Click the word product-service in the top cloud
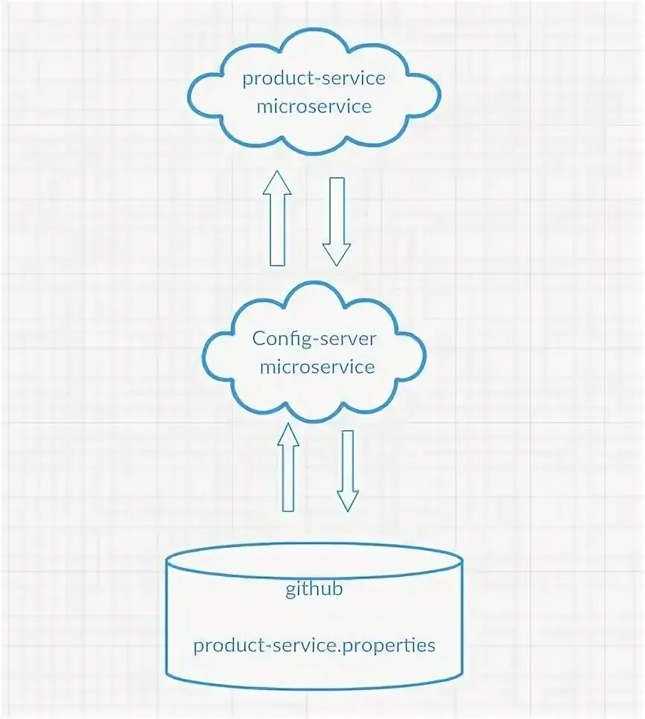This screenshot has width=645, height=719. coord(314,79)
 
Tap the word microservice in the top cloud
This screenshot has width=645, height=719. coord(314,106)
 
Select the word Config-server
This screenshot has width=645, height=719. coord(314,339)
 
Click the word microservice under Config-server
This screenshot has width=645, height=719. coord(314,367)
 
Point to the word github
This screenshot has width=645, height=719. coord(314,590)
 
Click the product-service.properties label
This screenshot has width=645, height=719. coord(314,645)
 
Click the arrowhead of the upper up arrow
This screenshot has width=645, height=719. coord(277,183)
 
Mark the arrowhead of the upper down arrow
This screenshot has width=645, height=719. coord(337,255)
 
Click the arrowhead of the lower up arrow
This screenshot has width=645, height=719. coord(287,435)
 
